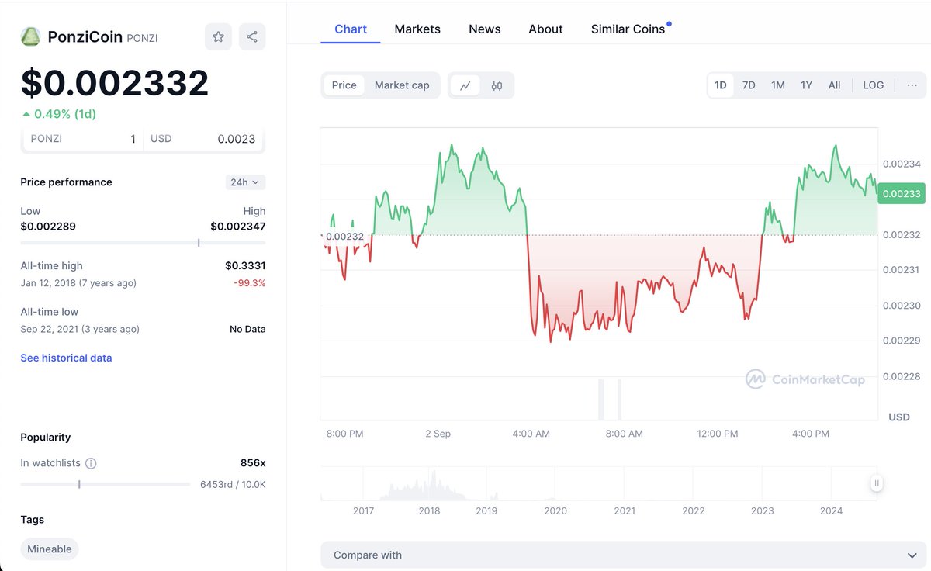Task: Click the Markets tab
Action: (417, 29)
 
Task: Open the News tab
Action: (484, 29)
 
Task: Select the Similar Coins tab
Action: (628, 29)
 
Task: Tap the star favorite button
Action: (218, 36)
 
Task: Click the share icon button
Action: (252, 36)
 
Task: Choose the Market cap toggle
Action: (402, 85)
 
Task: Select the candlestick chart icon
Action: (497, 85)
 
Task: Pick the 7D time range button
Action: (749, 85)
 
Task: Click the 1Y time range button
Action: (806, 85)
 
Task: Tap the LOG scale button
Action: (873, 85)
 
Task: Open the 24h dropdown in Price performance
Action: (245, 182)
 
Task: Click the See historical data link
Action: (66, 358)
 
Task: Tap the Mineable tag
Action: (50, 549)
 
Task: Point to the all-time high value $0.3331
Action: (245, 265)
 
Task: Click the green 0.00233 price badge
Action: (901, 193)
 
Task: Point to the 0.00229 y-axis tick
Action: (902, 341)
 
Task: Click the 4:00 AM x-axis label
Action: (531, 434)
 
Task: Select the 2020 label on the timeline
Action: (555, 510)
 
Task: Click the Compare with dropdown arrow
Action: (912, 555)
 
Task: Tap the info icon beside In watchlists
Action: (91, 463)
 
